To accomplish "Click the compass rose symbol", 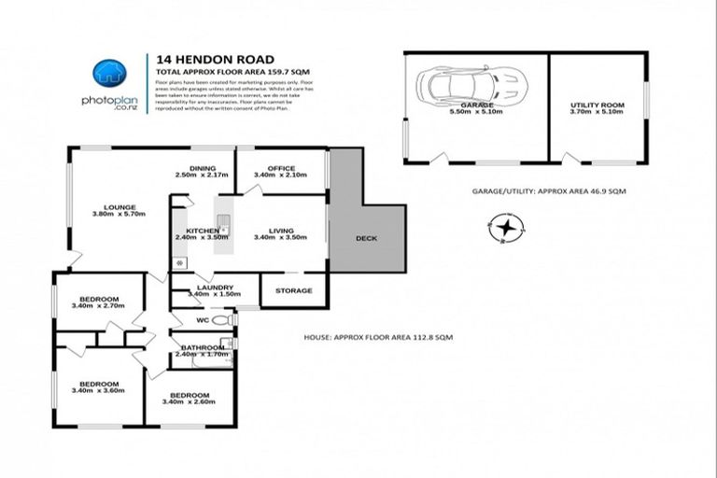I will [505, 228].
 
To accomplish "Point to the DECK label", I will [367, 238].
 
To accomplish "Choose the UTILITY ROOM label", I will [597, 105].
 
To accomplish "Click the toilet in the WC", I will [221, 320].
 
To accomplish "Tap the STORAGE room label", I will [293, 290].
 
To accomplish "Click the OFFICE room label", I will [281, 168].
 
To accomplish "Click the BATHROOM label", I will [203, 347].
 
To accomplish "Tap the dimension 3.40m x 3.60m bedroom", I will [98, 391].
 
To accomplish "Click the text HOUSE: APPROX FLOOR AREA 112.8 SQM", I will [378, 337].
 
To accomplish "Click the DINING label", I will [203, 168].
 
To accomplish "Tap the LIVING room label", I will [281, 230].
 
